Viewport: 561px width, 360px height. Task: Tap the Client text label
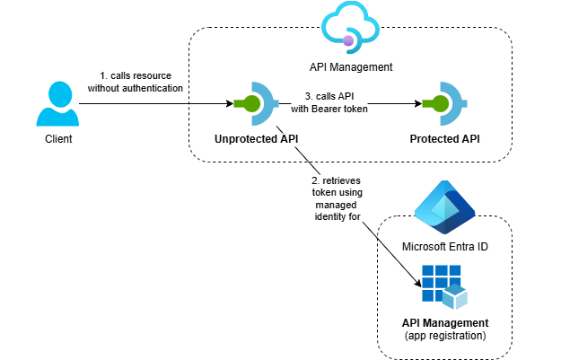pos(58,140)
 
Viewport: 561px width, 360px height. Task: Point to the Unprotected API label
pos(257,140)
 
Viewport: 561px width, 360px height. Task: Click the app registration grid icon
pos(445,286)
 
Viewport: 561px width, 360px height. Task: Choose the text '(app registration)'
pos(445,336)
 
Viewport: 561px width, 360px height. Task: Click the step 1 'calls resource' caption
pos(136,81)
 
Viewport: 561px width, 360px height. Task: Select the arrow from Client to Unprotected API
pos(153,104)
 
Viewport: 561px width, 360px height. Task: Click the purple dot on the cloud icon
pos(347,40)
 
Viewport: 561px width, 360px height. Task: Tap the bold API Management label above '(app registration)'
pos(445,323)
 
